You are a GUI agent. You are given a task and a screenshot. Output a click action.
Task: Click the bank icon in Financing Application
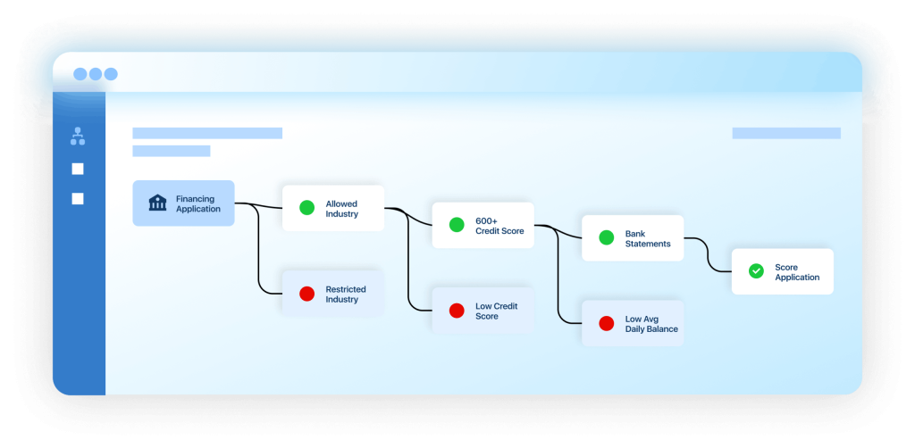pyautogui.click(x=157, y=203)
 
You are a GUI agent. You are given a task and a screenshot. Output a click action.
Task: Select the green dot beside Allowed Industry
pyautogui.click(x=307, y=207)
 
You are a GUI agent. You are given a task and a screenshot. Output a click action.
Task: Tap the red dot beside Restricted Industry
pyautogui.click(x=307, y=294)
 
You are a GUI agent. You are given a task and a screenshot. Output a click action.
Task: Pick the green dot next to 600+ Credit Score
pyautogui.click(x=457, y=225)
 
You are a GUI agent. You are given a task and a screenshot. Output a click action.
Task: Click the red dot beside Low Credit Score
pyautogui.click(x=457, y=311)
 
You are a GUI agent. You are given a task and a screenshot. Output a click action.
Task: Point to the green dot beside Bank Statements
pyautogui.click(x=607, y=237)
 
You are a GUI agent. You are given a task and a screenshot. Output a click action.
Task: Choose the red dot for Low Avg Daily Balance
pyautogui.click(x=607, y=323)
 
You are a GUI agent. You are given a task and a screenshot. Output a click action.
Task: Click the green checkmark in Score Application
pyautogui.click(x=756, y=271)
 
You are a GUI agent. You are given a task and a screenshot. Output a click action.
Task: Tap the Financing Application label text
pyautogui.click(x=198, y=203)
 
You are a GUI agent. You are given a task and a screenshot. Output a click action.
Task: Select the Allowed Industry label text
pyautogui.click(x=342, y=209)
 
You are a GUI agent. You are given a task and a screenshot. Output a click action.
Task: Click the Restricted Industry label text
pyautogui.click(x=346, y=295)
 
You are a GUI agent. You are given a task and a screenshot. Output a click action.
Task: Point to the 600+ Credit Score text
pyautogui.click(x=499, y=226)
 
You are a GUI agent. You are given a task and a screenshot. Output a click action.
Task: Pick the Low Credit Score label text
pyautogui.click(x=497, y=311)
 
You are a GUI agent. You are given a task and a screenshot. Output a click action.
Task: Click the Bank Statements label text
pyautogui.click(x=648, y=239)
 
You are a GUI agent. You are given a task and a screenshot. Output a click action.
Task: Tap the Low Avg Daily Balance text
pyautogui.click(x=651, y=324)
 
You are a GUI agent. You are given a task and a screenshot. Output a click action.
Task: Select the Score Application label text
pyautogui.click(x=797, y=272)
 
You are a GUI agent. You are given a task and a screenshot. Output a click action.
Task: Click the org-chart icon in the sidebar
pyautogui.click(x=78, y=137)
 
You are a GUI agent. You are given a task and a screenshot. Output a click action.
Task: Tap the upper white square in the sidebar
pyautogui.click(x=78, y=169)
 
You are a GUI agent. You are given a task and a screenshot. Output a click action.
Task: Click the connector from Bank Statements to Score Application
pyautogui.click(x=708, y=254)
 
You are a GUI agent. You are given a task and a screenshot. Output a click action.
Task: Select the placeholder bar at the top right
pyautogui.click(x=786, y=133)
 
